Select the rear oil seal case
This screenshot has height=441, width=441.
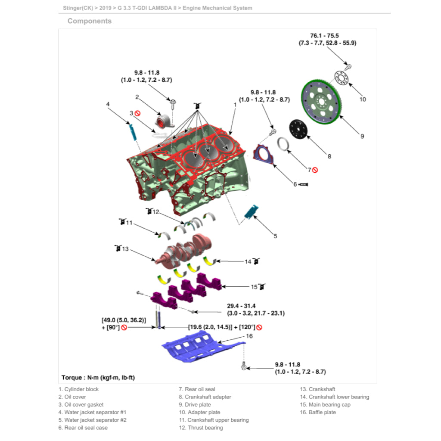pos(263,155)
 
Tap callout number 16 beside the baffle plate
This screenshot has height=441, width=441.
pos(249,336)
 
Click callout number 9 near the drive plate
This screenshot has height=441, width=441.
pos(362,136)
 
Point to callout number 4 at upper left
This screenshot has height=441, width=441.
pos(108,104)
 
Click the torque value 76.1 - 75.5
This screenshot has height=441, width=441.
pos(324,36)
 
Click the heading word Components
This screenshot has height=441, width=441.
pos(90,21)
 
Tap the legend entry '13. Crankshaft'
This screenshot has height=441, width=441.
pos(317,389)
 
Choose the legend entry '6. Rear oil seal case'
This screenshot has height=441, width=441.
pos(83,428)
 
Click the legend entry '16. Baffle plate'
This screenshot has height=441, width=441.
pos(318,413)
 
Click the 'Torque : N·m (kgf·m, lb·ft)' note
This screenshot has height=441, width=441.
pos(98,378)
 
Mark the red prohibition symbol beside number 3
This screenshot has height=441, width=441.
pos(138,113)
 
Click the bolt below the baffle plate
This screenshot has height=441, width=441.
pos(244,367)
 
